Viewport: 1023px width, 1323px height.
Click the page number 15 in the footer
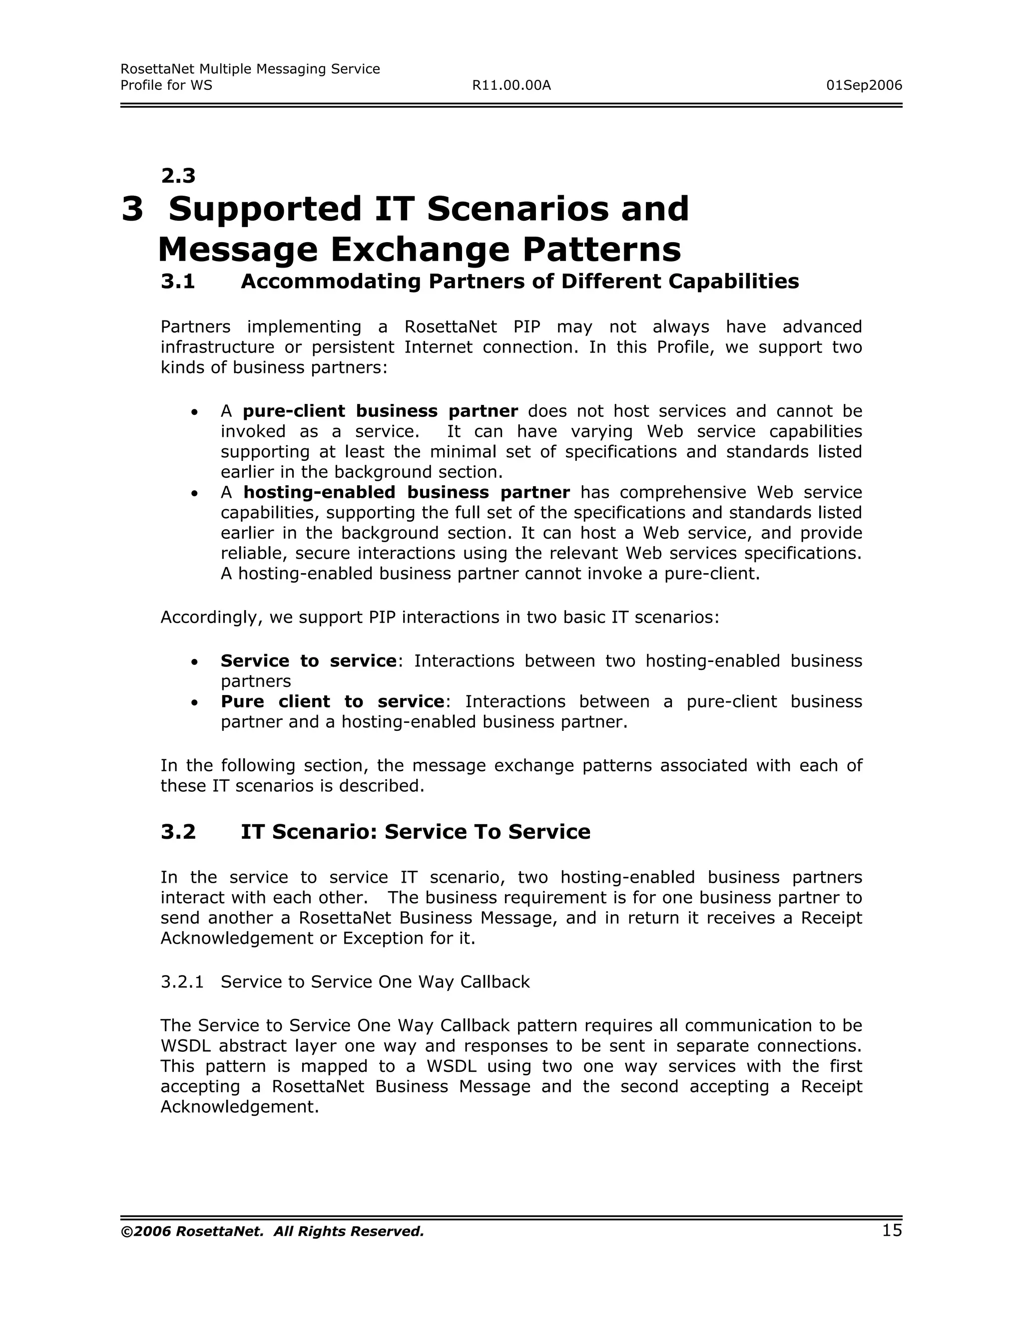click(892, 1230)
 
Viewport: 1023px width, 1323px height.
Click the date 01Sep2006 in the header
click(864, 85)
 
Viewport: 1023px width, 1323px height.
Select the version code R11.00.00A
click(511, 85)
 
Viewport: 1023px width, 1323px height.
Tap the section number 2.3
click(178, 176)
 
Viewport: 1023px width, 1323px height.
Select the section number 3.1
click(178, 282)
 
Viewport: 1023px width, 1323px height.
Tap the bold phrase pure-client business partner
click(380, 411)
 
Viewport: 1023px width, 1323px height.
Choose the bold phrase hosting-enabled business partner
click(406, 492)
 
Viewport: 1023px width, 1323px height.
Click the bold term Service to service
click(308, 661)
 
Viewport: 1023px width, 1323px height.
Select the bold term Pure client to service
click(332, 701)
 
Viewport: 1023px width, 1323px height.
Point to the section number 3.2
click(178, 832)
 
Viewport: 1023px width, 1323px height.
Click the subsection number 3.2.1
click(182, 982)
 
